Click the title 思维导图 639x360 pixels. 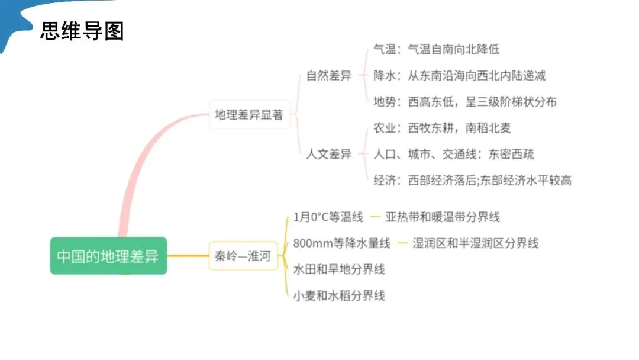point(82,31)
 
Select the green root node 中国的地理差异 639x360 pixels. point(108,256)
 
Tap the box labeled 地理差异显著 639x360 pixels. point(248,114)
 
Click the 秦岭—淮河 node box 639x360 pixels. point(243,256)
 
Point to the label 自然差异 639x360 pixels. point(328,76)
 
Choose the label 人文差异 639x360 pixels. point(328,154)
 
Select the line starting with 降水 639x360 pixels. point(459,75)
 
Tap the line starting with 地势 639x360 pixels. point(465,101)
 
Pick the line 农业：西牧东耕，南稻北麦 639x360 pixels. point(442,128)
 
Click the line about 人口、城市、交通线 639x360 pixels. point(454,154)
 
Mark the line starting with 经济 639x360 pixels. point(472,180)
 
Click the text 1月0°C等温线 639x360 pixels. point(328,217)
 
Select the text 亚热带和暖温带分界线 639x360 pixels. point(443,217)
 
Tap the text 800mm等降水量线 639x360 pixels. point(342,243)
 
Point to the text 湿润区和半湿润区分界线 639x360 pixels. point(476,243)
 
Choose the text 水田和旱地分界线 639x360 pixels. point(339,269)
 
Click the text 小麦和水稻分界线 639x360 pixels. point(339,295)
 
